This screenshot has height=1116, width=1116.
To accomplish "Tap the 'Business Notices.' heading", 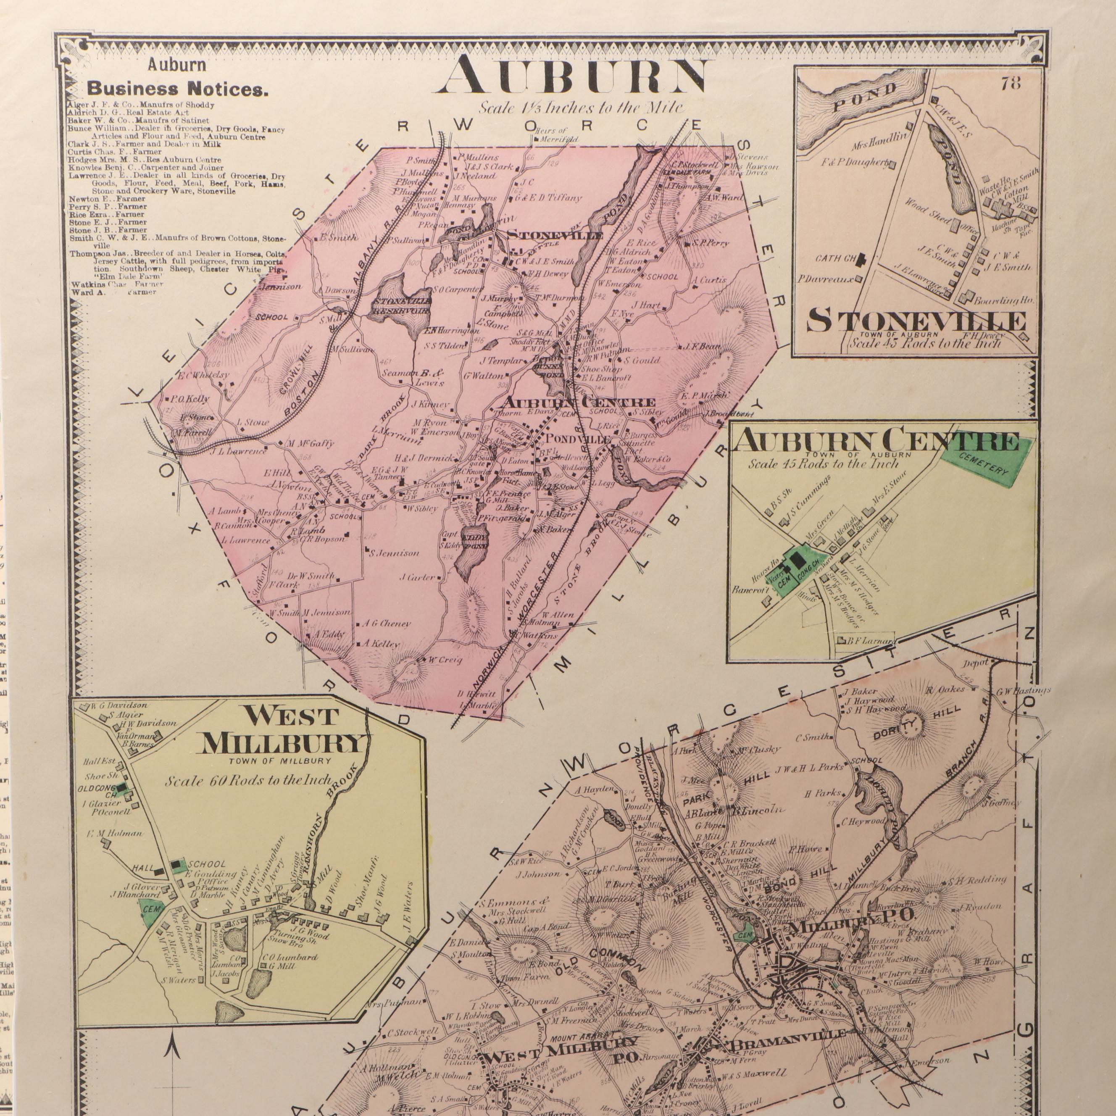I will (177, 90).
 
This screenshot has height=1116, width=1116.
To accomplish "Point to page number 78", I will (1011, 83).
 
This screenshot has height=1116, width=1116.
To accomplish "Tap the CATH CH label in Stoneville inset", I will (836, 258).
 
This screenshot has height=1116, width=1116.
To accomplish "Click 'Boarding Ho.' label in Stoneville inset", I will (1004, 300).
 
